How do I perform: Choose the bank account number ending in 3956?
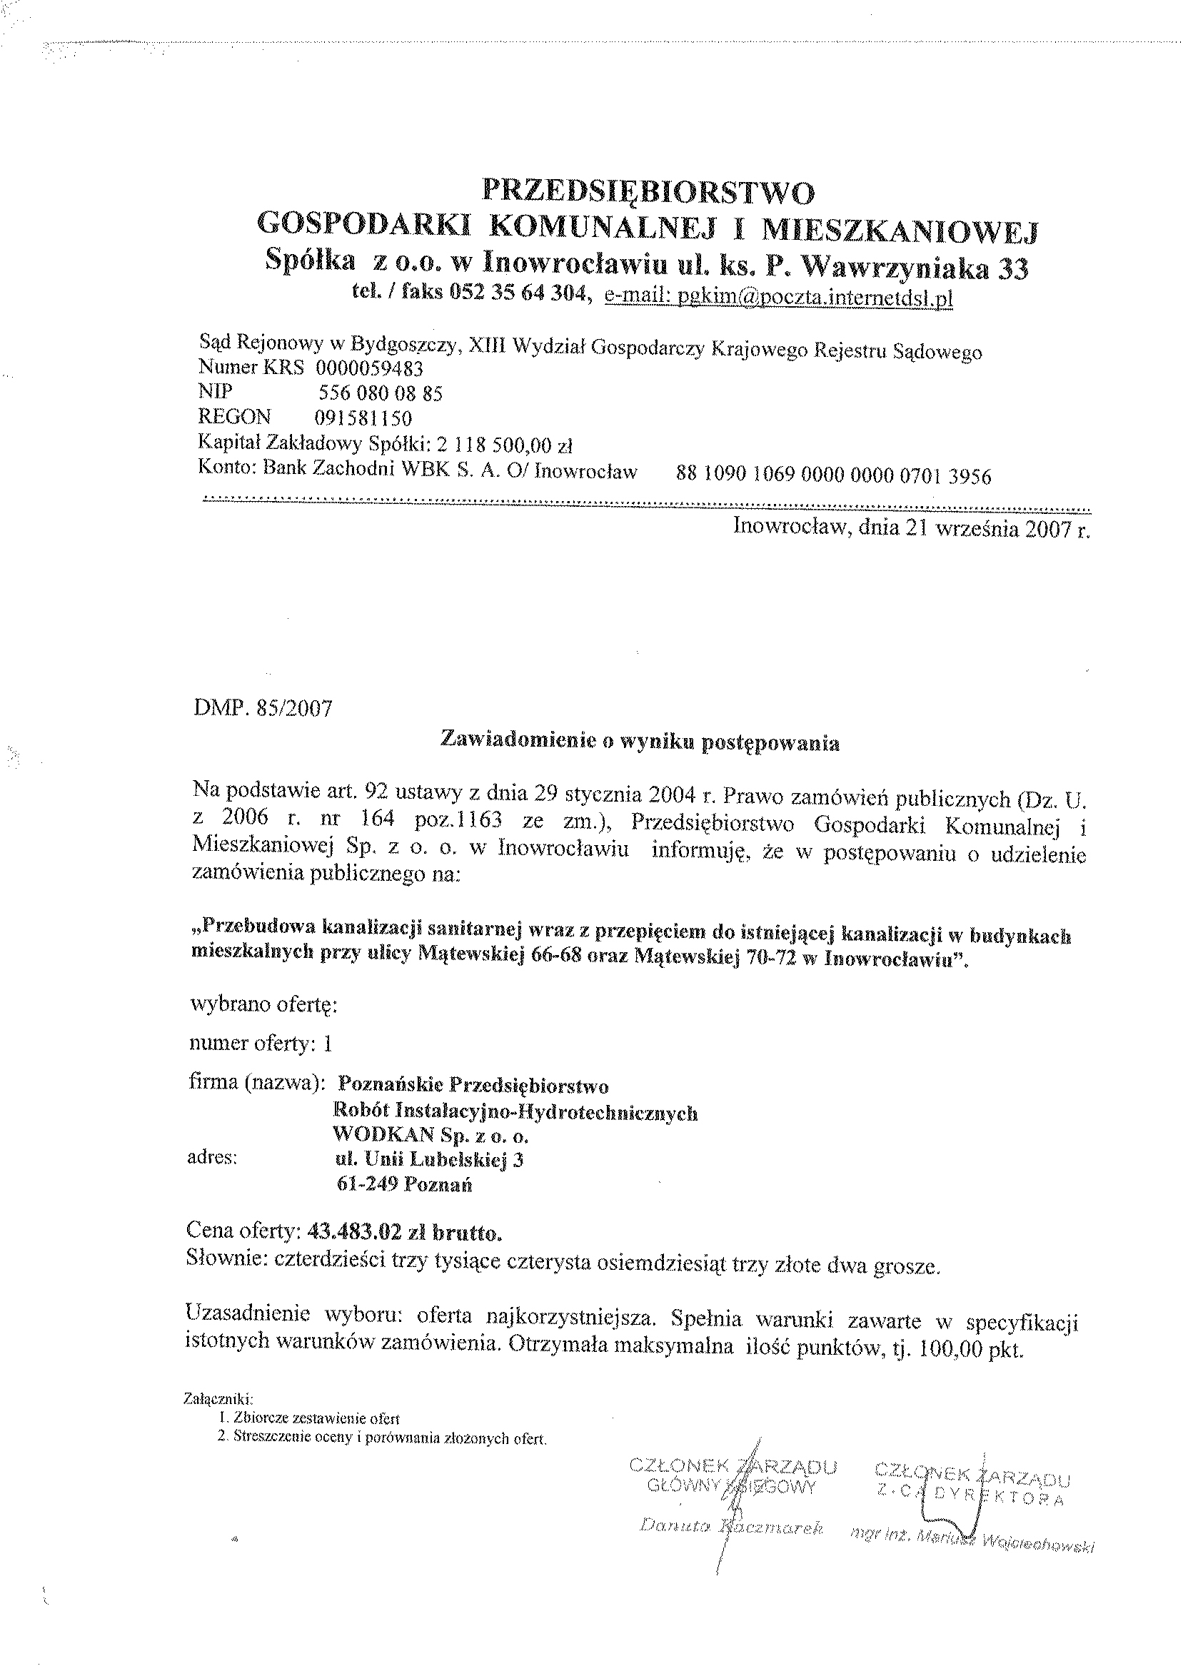[x=834, y=476]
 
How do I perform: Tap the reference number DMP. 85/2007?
[x=263, y=708]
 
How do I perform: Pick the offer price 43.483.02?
[x=356, y=1232]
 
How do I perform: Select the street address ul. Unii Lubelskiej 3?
[x=426, y=1160]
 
